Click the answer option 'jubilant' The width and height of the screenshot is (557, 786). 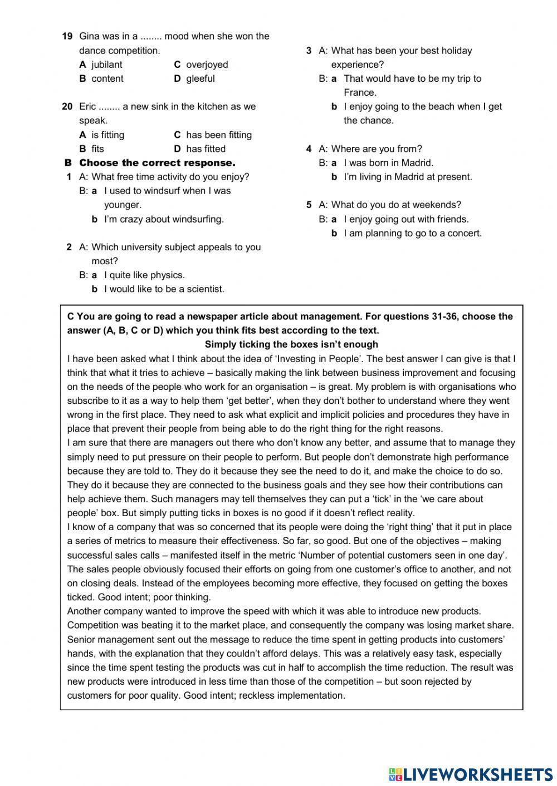pyautogui.click(x=106, y=65)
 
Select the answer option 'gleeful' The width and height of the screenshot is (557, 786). pyautogui.click(x=200, y=78)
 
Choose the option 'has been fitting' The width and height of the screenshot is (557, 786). pyautogui.click(x=218, y=135)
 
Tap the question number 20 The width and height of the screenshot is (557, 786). pyautogui.click(x=67, y=106)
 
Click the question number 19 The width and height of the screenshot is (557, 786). pyautogui.click(x=67, y=36)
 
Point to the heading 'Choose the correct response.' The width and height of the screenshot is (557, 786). pyautogui.click(x=157, y=163)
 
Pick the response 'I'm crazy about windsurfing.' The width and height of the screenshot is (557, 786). pyautogui.click(x=164, y=219)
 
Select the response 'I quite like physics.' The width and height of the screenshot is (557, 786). pyautogui.click(x=144, y=275)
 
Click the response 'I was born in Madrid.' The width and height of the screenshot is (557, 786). pyautogui.click(x=388, y=163)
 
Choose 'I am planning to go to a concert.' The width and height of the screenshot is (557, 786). pyautogui.click(x=412, y=233)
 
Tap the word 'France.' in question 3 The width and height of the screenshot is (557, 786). pyautogui.click(x=360, y=92)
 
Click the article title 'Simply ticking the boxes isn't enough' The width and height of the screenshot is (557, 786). pyautogui.click(x=291, y=344)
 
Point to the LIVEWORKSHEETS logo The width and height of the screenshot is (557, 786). pyautogui.click(x=471, y=774)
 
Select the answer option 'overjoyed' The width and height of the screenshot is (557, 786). pyautogui.click(x=207, y=65)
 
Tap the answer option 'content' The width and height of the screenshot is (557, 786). pyautogui.click(x=107, y=78)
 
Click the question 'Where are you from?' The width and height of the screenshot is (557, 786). pyautogui.click(x=377, y=149)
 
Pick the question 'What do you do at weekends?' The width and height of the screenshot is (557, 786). pyautogui.click(x=396, y=205)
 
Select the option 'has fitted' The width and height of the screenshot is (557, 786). pyautogui.click(x=206, y=149)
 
